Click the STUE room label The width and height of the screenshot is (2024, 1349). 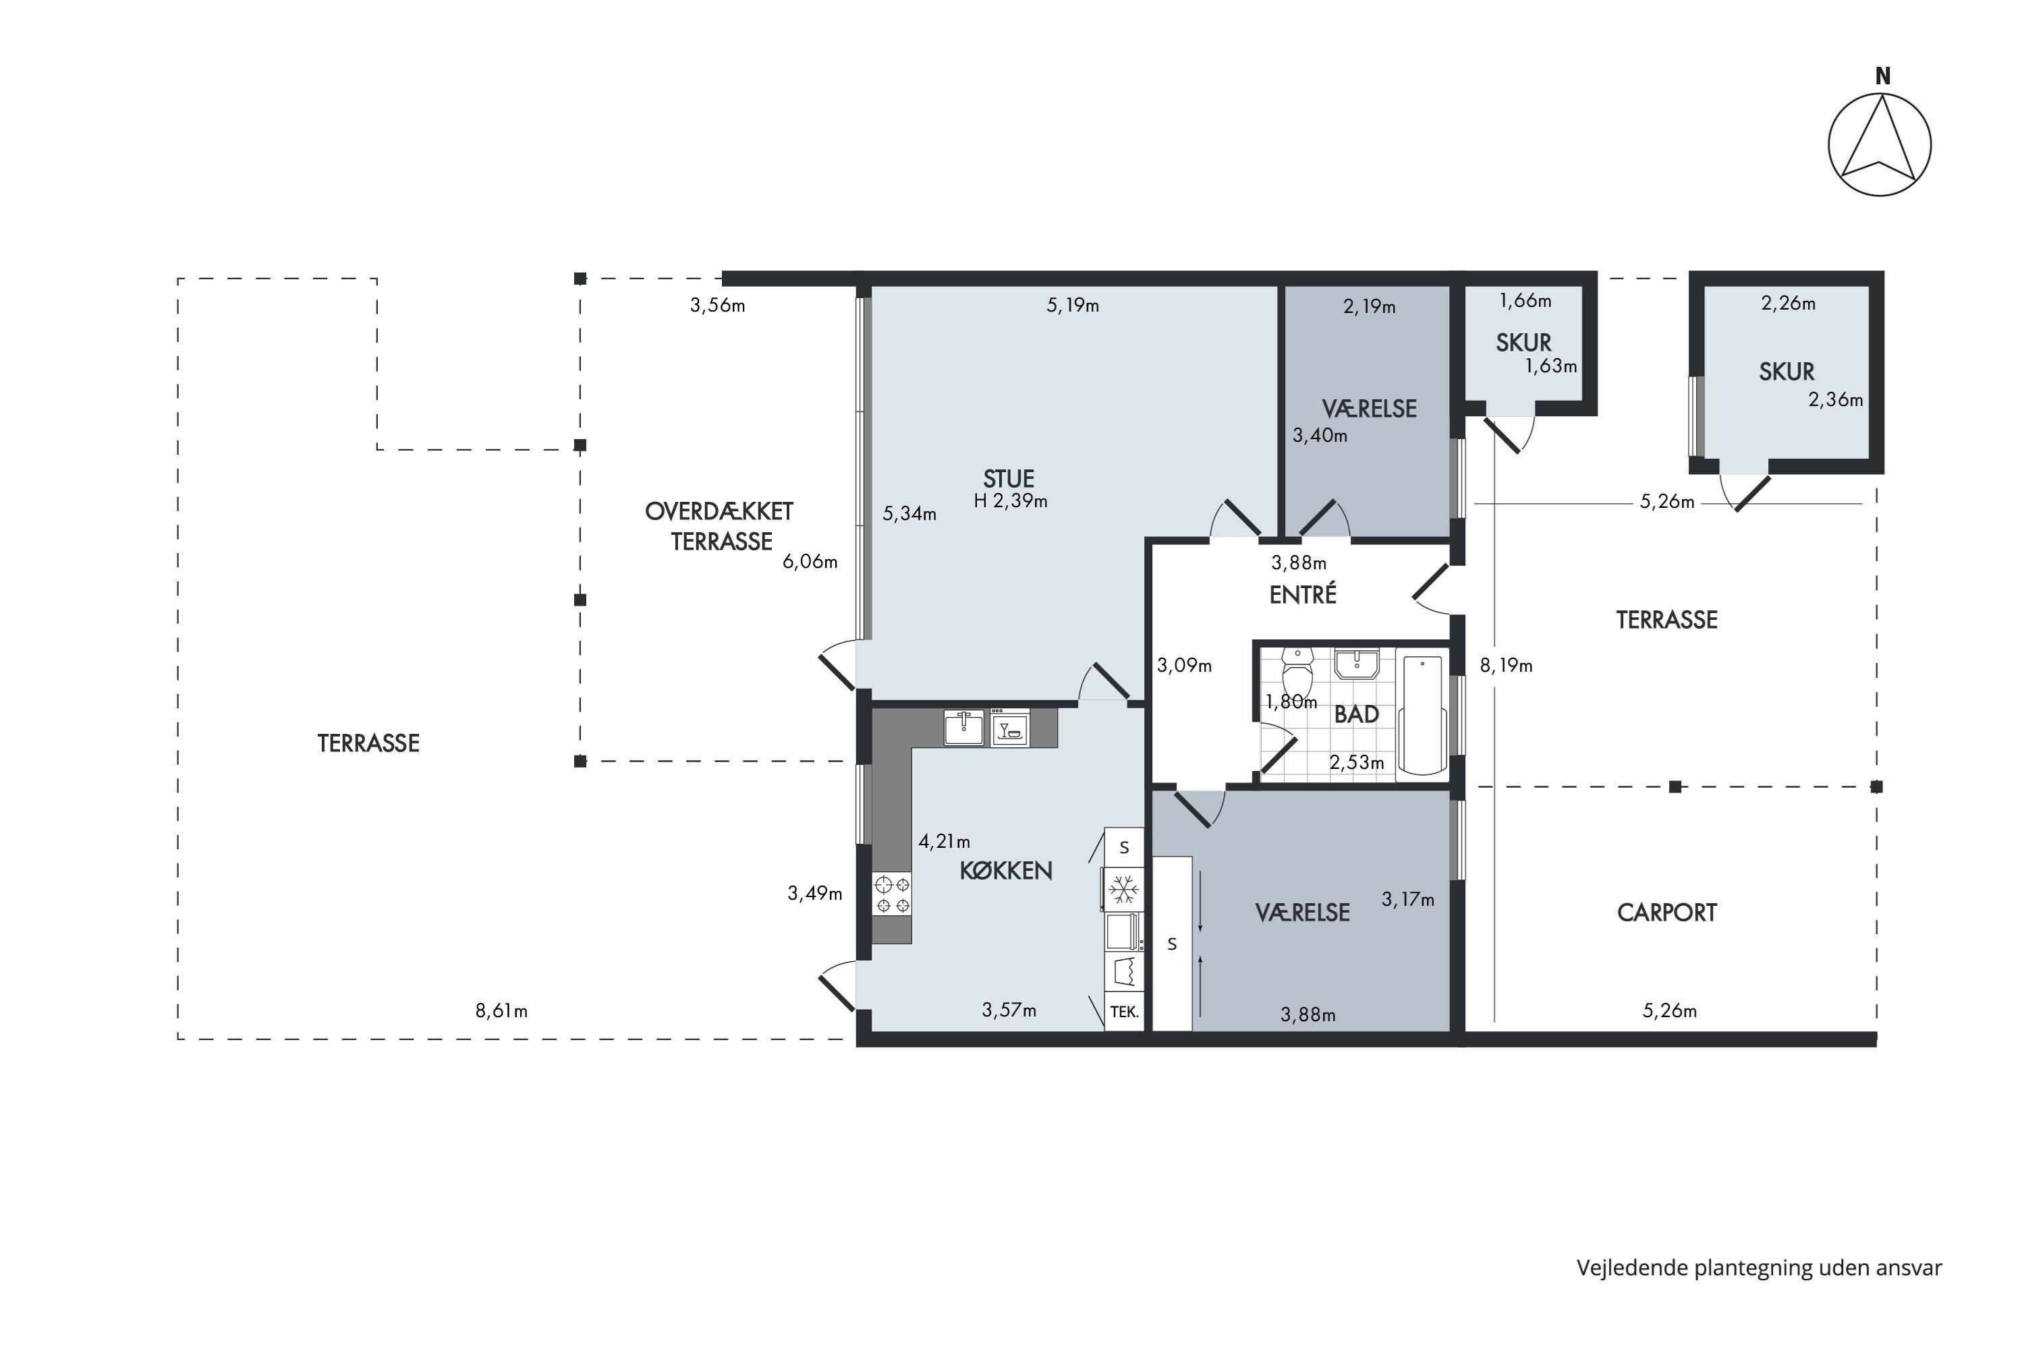[x=1009, y=478]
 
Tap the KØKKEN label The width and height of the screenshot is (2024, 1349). [x=1006, y=871]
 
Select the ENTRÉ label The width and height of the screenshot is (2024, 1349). [x=1303, y=594]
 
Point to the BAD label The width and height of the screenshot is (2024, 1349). [x=1356, y=714]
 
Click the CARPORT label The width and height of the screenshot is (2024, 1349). [x=1667, y=913]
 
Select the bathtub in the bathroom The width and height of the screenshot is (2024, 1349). [x=1422, y=716]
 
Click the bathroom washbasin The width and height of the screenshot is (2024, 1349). [x=1356, y=664]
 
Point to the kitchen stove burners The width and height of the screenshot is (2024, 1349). [x=891, y=894]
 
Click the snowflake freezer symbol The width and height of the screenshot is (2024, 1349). [x=1123, y=889]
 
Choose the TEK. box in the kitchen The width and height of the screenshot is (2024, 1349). [x=1125, y=1012]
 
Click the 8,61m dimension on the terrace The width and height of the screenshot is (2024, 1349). [x=502, y=1011]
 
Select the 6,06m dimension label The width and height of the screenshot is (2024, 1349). [x=810, y=562]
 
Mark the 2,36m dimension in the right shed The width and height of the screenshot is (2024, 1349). [x=1836, y=400]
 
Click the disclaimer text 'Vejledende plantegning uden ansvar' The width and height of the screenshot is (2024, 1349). [x=1759, y=1268]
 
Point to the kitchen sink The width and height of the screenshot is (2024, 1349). [x=964, y=728]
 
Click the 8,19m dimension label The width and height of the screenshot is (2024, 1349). [x=1506, y=665]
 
